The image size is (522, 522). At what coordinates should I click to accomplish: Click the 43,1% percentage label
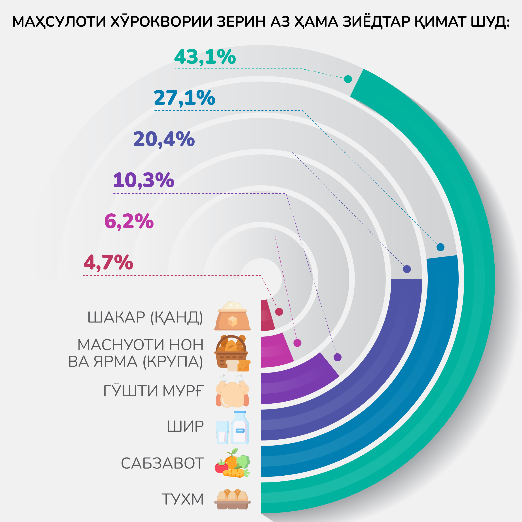[x=205, y=57]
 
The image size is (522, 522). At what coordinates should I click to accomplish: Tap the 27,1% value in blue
[x=184, y=98]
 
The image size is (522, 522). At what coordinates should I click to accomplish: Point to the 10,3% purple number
[x=143, y=180]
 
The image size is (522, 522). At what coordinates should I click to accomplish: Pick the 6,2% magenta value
[x=129, y=221]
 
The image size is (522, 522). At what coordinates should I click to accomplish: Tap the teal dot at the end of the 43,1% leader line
[x=348, y=79]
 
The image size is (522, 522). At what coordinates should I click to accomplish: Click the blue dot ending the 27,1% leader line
[x=440, y=247]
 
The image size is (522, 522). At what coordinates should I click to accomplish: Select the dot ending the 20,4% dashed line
[x=407, y=269]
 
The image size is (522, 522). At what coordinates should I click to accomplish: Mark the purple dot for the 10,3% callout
[x=338, y=357]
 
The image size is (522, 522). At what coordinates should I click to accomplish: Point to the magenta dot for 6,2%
[x=297, y=343]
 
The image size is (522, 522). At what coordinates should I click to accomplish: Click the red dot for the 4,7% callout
[x=279, y=311]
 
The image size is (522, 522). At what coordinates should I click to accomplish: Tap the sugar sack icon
[x=232, y=316]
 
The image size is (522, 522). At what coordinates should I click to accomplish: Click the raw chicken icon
[x=232, y=391]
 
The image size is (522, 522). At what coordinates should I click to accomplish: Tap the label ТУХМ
[x=182, y=499]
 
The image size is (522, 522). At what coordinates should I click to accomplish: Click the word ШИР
[x=185, y=427]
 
